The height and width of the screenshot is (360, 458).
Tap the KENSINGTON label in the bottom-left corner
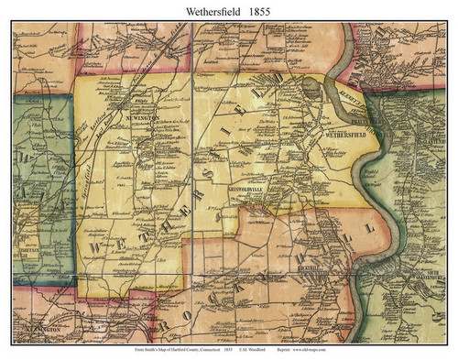click(x=35, y=326)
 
